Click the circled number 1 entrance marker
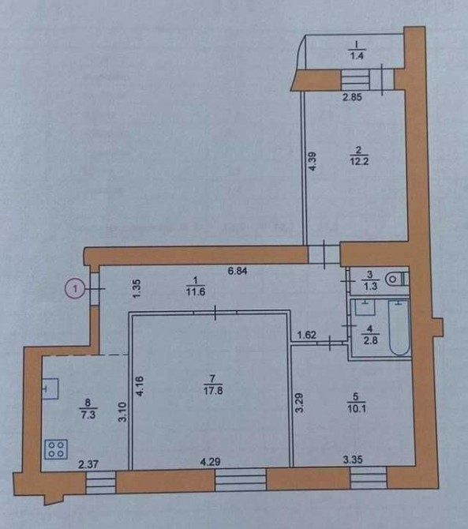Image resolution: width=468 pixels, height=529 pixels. [75, 289]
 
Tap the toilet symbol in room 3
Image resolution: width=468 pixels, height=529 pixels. [397, 279]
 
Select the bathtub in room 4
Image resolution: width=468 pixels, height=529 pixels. [399, 327]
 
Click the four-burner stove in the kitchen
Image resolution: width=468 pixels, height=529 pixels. [56, 449]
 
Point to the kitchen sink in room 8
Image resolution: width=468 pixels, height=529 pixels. [51, 388]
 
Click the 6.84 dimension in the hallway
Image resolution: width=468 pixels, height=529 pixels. [238, 271]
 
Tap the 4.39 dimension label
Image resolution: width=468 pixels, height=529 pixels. [313, 161]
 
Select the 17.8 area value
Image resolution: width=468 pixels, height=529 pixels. [213, 391]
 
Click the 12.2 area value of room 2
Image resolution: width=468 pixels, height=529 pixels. [359, 161]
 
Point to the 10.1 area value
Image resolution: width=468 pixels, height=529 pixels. [357, 409]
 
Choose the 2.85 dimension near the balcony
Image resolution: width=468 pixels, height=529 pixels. [352, 97]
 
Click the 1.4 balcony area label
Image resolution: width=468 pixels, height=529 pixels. [357, 56]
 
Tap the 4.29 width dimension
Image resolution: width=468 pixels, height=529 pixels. [211, 462]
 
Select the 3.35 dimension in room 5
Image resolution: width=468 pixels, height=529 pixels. [353, 460]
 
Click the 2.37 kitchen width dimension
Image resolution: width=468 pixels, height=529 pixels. [88, 464]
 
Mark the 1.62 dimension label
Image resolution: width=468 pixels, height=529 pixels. [306, 335]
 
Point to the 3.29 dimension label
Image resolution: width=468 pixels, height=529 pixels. [300, 403]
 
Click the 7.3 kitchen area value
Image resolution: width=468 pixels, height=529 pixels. [88, 415]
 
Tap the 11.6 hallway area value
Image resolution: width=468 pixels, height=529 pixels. [196, 291]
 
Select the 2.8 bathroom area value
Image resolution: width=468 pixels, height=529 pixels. [370, 340]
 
